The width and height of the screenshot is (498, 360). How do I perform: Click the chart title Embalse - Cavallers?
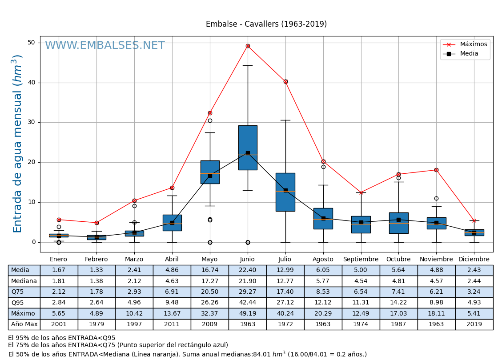coord(266,24)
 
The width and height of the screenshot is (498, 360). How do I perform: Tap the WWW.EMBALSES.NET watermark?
coord(105,46)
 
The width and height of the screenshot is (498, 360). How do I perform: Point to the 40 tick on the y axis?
coord(32,83)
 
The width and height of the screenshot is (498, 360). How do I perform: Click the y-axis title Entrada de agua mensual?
coord(17,143)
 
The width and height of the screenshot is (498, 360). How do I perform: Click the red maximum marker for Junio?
coord(248,46)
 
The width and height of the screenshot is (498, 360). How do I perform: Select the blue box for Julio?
coord(285,192)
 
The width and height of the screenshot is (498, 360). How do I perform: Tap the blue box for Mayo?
coord(210,172)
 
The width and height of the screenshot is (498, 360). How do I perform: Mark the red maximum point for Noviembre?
coord(436,170)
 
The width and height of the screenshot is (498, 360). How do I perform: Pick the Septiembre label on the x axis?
coord(361,260)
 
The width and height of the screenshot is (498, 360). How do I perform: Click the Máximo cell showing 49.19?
coord(247,313)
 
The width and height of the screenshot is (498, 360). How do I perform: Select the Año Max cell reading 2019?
coord(474,324)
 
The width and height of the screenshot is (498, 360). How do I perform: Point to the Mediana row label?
coord(24,281)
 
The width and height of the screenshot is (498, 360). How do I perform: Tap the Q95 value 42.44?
coord(247,303)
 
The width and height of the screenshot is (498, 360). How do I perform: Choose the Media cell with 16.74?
coord(209,270)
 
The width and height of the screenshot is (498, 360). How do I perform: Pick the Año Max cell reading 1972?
coord(285,324)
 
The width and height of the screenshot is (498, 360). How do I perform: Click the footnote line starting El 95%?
coord(62,338)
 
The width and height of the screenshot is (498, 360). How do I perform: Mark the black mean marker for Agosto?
coord(323,218)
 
